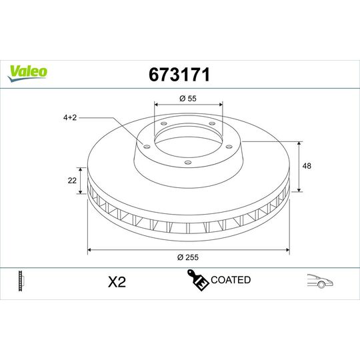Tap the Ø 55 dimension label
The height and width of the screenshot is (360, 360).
click(x=187, y=99)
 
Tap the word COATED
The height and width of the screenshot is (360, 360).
click(x=231, y=280)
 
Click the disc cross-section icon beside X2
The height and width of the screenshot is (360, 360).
click(x=23, y=281)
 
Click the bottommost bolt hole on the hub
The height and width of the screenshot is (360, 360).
click(x=187, y=162)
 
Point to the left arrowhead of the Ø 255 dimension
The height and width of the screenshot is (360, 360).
click(x=90, y=251)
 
